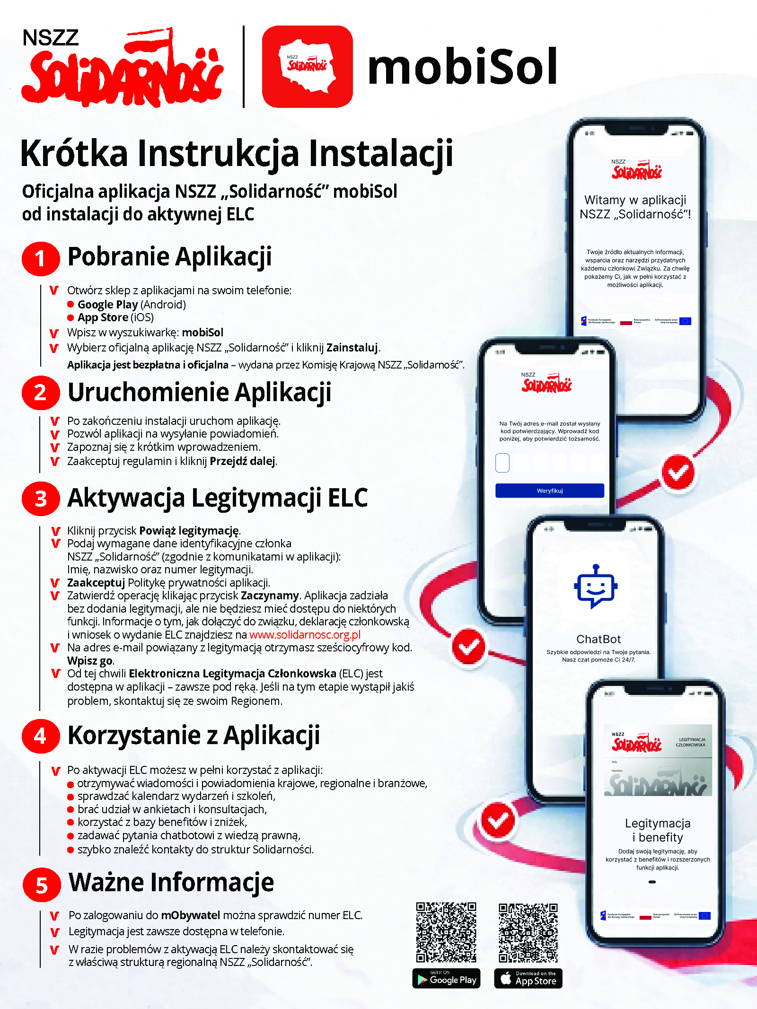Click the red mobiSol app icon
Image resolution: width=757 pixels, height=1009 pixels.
pyautogui.click(x=307, y=67)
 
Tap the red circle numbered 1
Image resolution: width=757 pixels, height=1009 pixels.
pyautogui.click(x=41, y=258)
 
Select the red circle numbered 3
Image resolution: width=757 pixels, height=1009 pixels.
pyautogui.click(x=41, y=499)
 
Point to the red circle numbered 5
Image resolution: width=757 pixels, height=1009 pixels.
pyautogui.click(x=42, y=885)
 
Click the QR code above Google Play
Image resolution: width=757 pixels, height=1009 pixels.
pyautogui.click(x=446, y=932)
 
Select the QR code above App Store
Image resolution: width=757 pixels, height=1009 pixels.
pyautogui.click(x=528, y=932)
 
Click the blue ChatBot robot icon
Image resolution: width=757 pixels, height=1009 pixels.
pyautogui.click(x=596, y=587)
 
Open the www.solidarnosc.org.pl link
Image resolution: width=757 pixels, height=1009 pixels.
pyautogui.click(x=305, y=635)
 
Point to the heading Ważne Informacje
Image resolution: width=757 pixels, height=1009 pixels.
pyautogui.click(x=171, y=883)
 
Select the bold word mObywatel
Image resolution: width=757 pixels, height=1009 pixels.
pyautogui.click(x=191, y=915)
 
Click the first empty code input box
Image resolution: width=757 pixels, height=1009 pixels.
pyautogui.click(x=502, y=463)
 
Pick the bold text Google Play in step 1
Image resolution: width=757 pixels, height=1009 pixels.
pyautogui.click(x=108, y=304)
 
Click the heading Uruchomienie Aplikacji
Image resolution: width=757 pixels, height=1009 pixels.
pyautogui.click(x=199, y=392)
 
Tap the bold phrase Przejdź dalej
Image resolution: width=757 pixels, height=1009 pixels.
pyautogui.click(x=243, y=461)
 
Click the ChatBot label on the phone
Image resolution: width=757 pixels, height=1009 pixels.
pyautogui.click(x=599, y=639)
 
